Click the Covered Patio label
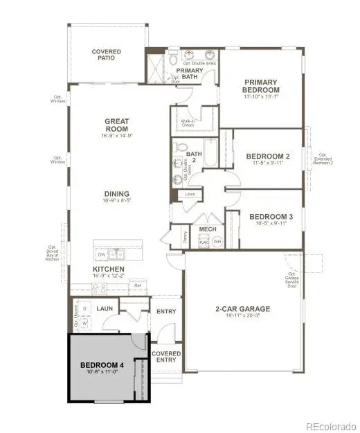tap(107, 55)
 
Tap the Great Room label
tap(117, 125)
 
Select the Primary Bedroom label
tap(261, 86)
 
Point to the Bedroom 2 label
tap(268, 157)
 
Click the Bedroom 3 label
tap(271, 216)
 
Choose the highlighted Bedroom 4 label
tap(102, 365)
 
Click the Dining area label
tap(117, 194)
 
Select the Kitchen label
tap(109, 269)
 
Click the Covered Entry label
tap(166, 357)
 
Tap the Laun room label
tap(105, 308)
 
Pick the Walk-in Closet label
tap(187, 123)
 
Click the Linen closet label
tap(188, 195)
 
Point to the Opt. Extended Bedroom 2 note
tap(323, 161)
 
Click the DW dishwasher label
tap(102, 254)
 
